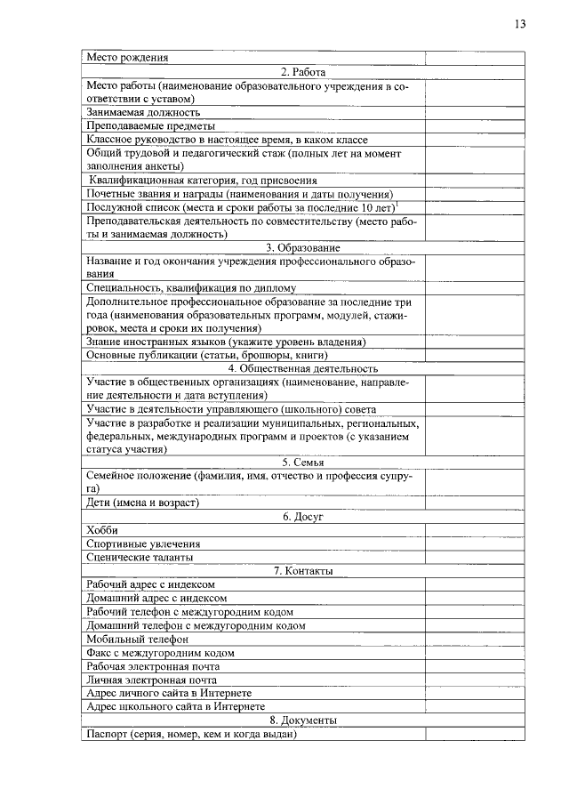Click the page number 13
point(519,24)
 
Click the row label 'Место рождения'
point(128,58)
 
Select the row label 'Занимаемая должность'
point(143,113)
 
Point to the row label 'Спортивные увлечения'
point(143,543)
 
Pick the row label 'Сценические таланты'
point(140,557)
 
